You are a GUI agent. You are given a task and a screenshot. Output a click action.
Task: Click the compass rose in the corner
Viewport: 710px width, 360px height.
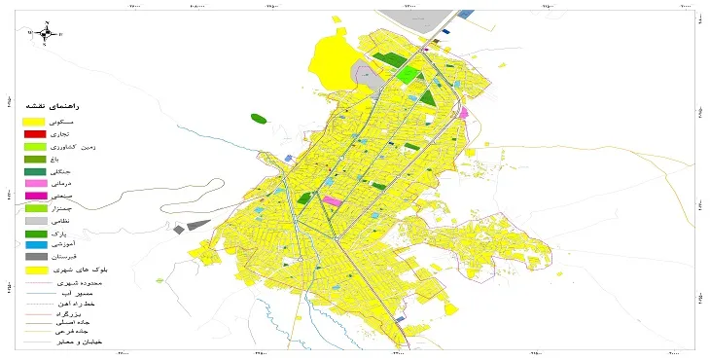[46, 33]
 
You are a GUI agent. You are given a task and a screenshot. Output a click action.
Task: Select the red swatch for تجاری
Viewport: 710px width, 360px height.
[35, 133]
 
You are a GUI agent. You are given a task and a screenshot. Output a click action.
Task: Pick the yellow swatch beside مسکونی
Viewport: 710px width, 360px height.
[35, 121]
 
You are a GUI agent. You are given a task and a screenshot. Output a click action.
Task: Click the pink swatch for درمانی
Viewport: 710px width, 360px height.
[35, 183]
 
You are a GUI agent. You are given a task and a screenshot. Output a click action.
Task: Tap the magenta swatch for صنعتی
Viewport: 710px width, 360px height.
[35, 196]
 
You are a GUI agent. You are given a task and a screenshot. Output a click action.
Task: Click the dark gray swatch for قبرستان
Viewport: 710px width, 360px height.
[35, 257]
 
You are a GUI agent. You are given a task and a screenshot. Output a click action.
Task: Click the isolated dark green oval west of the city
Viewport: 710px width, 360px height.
[259, 119]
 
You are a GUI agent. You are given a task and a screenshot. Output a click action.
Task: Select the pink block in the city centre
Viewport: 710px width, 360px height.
[333, 201]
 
